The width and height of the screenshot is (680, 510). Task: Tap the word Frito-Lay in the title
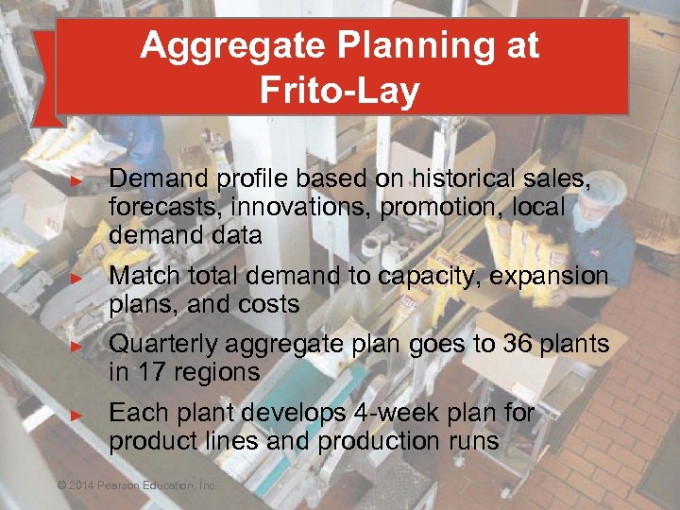pos(339,91)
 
